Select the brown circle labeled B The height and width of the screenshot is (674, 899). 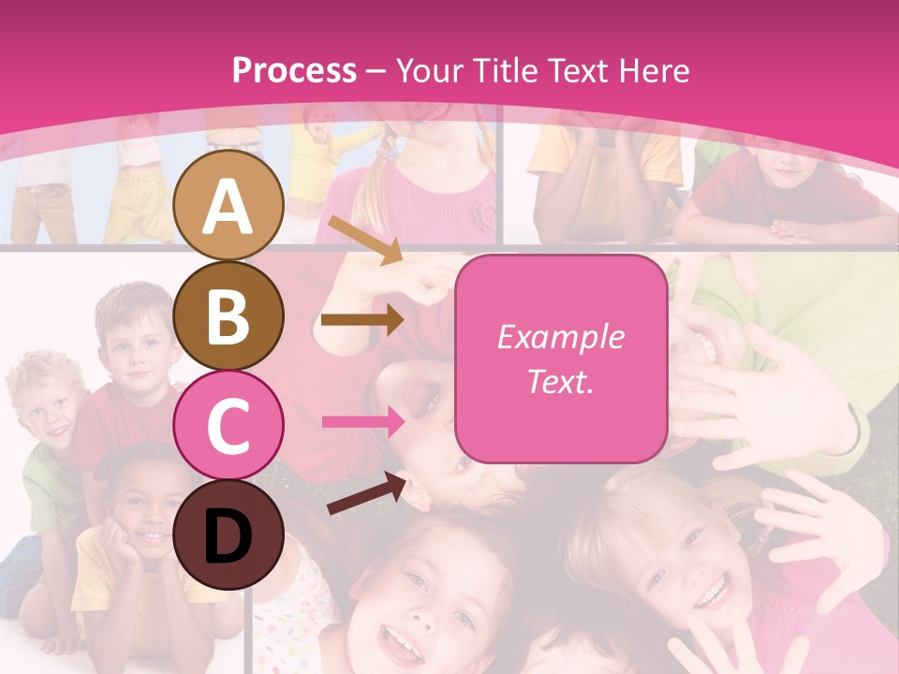click(229, 315)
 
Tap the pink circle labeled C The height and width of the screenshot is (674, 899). click(229, 425)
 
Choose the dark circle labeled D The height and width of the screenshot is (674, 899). click(229, 535)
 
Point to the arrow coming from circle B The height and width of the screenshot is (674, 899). click(362, 320)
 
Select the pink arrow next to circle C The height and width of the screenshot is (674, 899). click(362, 421)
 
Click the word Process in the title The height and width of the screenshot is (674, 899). click(294, 70)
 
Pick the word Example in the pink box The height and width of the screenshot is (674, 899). click(561, 337)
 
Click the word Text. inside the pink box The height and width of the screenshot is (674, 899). click(561, 381)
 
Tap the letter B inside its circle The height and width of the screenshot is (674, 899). click(228, 316)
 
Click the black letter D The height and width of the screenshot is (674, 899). click(228, 535)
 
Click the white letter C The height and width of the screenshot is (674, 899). click(228, 426)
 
